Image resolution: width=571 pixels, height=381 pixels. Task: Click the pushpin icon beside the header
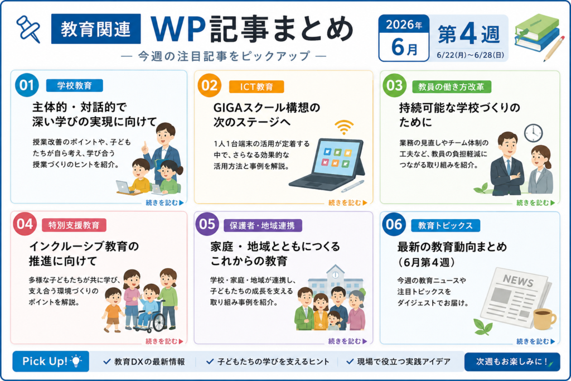[28, 29]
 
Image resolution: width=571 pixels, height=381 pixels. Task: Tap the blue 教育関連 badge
[96, 29]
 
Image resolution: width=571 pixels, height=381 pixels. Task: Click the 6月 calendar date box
[404, 38]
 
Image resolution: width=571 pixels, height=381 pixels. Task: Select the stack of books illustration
[537, 33]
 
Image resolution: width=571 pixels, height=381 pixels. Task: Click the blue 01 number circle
[27, 85]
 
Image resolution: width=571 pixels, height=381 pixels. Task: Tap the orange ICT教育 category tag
[257, 86]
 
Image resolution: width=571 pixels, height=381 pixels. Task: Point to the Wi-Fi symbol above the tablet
[343, 127]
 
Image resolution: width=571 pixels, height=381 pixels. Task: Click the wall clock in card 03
[533, 133]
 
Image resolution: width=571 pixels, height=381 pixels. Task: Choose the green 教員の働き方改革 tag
[451, 86]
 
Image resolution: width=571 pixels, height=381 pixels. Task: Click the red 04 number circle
[25, 224]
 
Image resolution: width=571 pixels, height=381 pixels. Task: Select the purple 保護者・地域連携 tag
[262, 225]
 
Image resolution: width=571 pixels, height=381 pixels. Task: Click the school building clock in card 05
[335, 275]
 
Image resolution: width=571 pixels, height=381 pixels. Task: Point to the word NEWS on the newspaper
[518, 281]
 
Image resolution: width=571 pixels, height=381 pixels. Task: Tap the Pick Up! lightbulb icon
[76, 361]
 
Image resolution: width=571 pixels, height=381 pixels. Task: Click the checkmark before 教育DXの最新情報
[107, 361]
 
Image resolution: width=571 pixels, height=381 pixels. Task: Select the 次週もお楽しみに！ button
[512, 361]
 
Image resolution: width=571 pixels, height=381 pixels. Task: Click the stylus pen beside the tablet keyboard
[352, 186]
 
